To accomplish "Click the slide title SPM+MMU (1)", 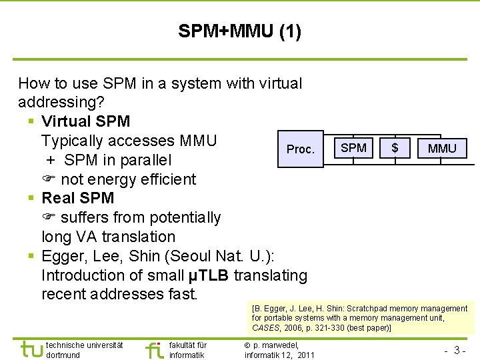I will (239, 31).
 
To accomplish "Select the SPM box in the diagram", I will (353, 147).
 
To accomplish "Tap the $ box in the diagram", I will (395, 147).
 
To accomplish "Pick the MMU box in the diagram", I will (442, 148).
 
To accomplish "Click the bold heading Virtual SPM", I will (85, 121).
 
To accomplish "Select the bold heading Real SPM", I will (77, 198).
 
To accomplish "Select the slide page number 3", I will (457, 350).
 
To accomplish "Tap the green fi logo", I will (154, 349).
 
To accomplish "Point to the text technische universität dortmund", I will (85, 350).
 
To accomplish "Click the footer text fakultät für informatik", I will (188, 350).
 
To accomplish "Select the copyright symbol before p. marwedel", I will (247, 345).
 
